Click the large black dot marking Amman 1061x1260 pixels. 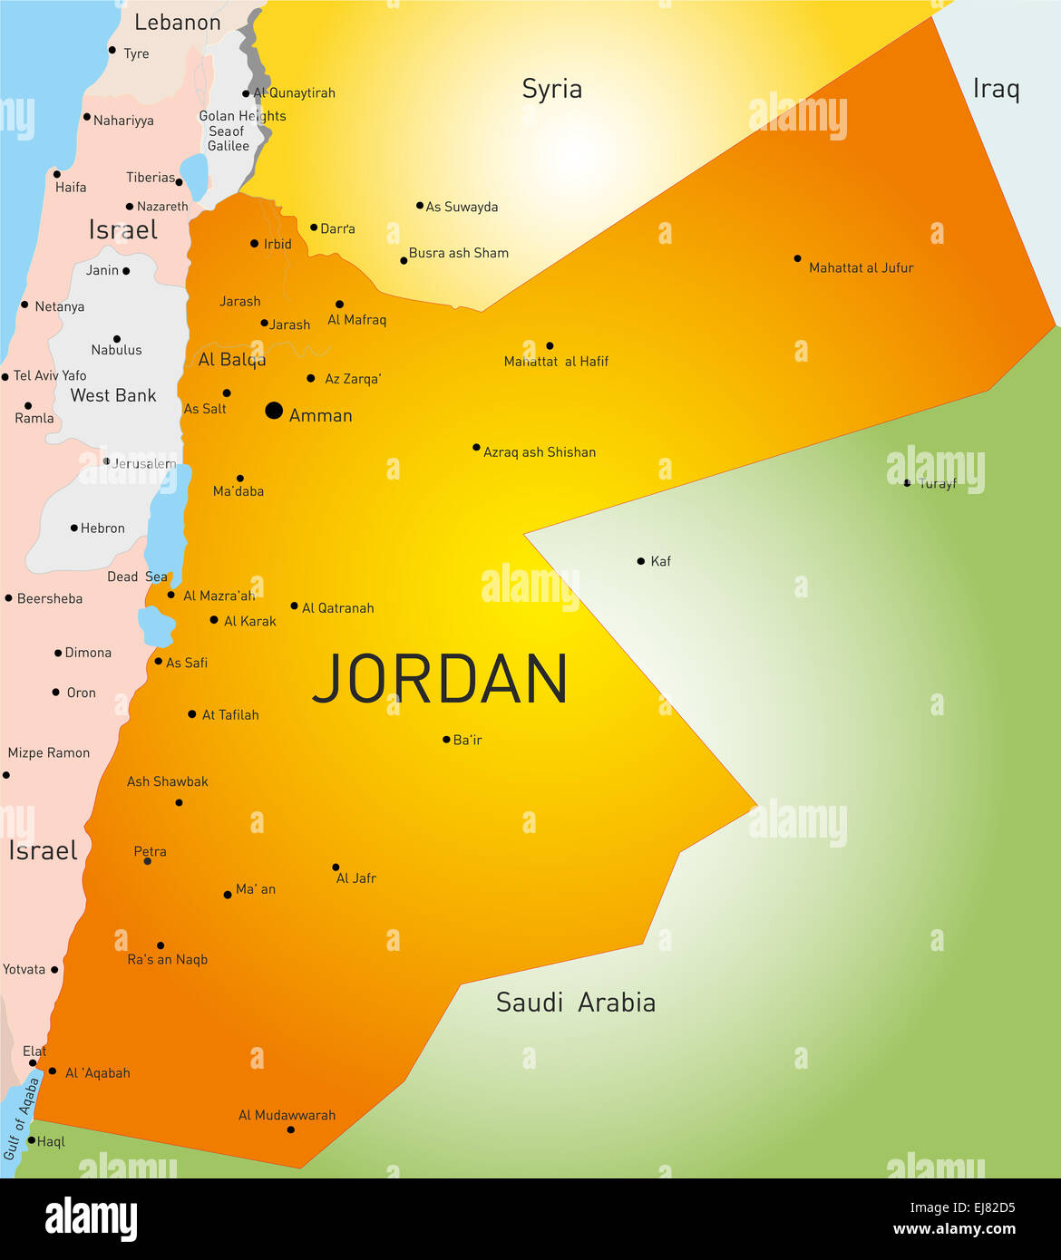point(274,411)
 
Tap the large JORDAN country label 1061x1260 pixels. point(441,679)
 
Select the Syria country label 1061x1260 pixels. point(551,89)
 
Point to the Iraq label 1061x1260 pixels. point(996,89)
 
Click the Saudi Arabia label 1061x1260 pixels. point(576,1003)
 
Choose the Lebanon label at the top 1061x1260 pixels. point(177,23)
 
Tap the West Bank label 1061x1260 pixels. point(113,395)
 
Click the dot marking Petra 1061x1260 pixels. point(148,861)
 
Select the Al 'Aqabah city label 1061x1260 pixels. point(98,1073)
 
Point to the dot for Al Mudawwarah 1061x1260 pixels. point(290,1129)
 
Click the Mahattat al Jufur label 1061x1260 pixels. point(861,268)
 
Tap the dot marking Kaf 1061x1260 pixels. point(641,561)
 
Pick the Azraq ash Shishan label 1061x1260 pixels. point(540,452)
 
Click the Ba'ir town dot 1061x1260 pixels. point(446,740)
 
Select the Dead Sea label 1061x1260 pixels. point(137,577)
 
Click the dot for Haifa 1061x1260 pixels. point(57,174)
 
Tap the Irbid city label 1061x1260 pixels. point(277,244)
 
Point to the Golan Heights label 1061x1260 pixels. point(242,116)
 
